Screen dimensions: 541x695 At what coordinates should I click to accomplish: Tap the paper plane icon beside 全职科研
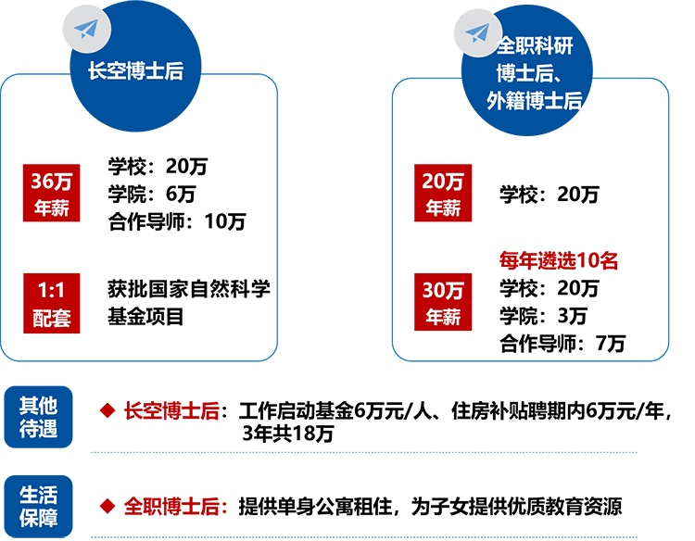tap(476, 33)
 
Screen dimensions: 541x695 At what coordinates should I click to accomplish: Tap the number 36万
tap(52, 182)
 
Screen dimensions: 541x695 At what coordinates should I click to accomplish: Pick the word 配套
tap(52, 318)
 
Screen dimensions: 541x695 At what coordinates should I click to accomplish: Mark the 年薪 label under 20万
tap(443, 209)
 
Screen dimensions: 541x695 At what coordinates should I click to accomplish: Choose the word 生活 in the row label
tap(39, 492)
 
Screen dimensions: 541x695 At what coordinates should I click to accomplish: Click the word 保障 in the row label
tap(39, 517)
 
